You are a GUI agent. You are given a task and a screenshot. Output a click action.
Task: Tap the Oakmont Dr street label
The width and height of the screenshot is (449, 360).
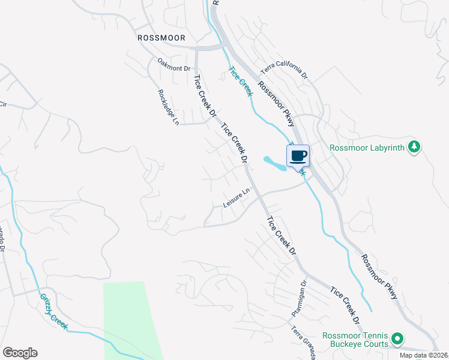pos(173,64)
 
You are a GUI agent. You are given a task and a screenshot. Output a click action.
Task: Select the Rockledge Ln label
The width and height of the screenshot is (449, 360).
pos(168,107)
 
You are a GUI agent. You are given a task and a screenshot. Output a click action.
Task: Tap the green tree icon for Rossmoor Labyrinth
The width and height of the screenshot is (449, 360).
pos(414,146)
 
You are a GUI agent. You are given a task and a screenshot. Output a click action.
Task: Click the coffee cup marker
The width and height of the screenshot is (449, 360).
pos(298,157)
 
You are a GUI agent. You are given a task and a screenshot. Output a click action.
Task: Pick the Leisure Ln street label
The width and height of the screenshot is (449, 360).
pos(236,199)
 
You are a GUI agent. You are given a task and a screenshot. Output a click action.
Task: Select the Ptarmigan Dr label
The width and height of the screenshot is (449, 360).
pos(298,298)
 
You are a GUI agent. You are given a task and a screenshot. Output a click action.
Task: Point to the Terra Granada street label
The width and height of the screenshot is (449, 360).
pos(304,343)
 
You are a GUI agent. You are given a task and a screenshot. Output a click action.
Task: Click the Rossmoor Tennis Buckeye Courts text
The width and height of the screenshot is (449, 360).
pos(355,340)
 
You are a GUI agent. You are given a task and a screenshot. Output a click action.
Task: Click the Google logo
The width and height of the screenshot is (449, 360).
pos(20,353)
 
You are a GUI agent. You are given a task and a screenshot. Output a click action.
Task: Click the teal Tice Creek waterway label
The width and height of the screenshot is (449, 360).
pos(240,80)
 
